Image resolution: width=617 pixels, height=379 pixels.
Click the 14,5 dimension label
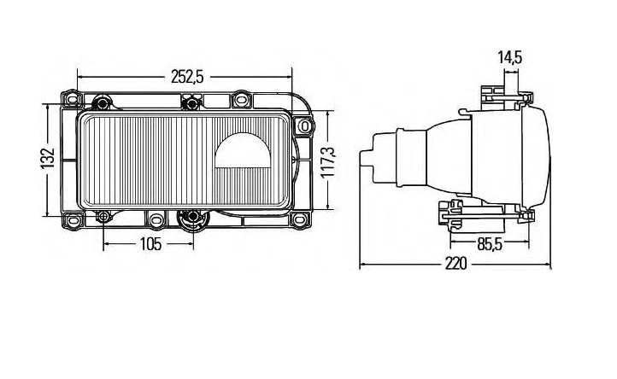[510, 58]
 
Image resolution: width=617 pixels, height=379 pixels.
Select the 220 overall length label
[455, 265]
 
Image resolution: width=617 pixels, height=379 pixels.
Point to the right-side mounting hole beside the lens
[304, 126]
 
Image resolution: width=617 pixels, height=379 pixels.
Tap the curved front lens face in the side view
[545, 158]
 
